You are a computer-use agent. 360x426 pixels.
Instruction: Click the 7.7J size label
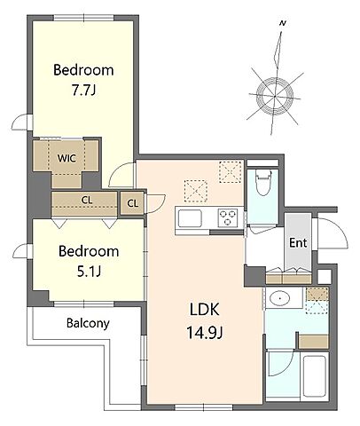(83, 91)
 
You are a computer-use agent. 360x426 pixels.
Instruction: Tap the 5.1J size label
(89, 271)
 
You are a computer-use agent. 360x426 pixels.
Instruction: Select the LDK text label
(204, 310)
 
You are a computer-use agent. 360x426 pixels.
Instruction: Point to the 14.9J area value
(204, 333)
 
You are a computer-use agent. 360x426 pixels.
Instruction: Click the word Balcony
(88, 323)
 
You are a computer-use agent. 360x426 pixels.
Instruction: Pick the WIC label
(67, 158)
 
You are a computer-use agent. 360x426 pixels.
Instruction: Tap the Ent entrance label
(298, 243)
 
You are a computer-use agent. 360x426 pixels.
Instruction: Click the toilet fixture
(263, 182)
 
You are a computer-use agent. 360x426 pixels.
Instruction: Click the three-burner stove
(228, 218)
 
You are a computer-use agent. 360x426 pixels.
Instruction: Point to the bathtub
(315, 375)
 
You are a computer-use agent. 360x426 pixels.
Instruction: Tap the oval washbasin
(279, 298)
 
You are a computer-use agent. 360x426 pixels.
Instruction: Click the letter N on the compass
(283, 23)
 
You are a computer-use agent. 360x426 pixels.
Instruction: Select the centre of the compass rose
(275, 96)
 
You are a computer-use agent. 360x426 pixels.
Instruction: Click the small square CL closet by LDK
(132, 203)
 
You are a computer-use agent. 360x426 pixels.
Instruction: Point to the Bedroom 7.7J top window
(84, 18)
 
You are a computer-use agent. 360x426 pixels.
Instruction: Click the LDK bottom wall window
(204, 407)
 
